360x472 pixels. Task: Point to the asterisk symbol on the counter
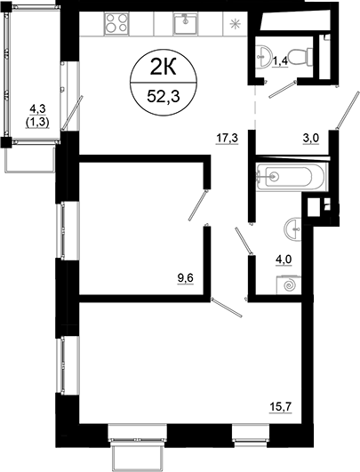tap(235, 23)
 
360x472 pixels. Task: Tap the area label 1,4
tap(279, 61)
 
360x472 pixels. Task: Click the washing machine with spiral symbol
tap(286, 286)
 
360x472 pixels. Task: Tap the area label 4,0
tap(284, 260)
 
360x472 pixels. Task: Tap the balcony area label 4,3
tap(30, 112)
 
